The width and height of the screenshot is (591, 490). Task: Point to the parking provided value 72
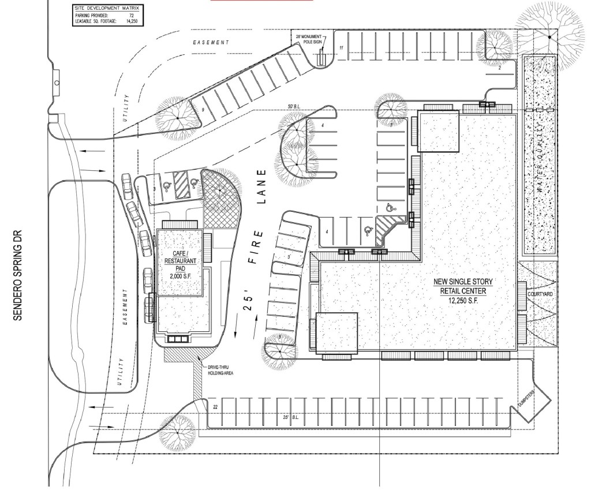[x=136, y=16]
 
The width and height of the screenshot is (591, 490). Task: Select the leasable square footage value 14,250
[x=134, y=21]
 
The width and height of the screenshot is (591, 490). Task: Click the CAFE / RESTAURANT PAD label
[x=179, y=261]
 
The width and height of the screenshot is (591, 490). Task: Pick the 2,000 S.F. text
[x=179, y=277]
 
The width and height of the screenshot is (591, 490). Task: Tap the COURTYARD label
[x=540, y=294]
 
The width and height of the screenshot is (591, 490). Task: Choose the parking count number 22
[x=215, y=407]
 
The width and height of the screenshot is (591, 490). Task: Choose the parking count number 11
[x=341, y=48]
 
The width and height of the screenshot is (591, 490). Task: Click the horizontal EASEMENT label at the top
[x=211, y=43]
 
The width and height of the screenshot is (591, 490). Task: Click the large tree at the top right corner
[x=549, y=36]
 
